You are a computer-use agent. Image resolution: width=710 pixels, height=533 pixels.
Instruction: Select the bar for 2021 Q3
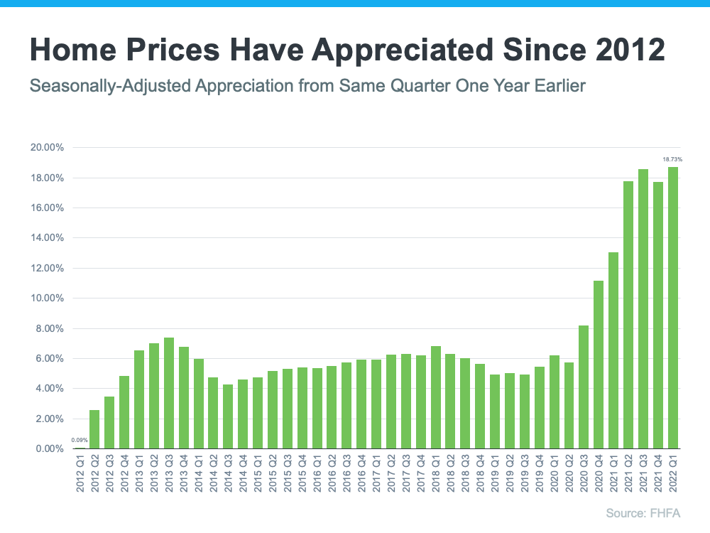(643, 309)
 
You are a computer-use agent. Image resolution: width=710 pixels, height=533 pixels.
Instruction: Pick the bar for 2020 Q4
(599, 365)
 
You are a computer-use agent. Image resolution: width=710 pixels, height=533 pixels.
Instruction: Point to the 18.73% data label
(672, 160)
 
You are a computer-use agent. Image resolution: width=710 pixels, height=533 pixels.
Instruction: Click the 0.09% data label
(80, 441)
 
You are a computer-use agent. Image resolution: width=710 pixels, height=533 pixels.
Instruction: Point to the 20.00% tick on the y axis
(48, 148)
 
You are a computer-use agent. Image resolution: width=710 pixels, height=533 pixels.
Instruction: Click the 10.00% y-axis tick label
(48, 298)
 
